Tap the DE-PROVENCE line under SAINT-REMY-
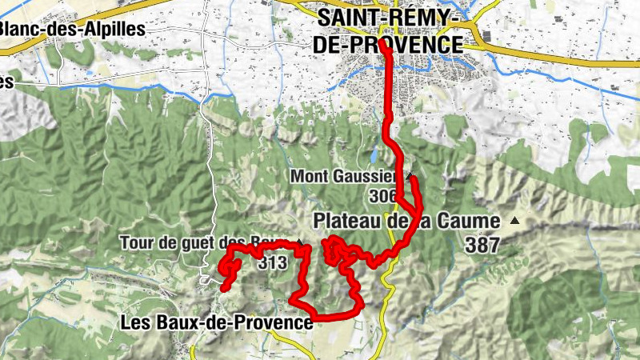point(389,44)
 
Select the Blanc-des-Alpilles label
point(72,29)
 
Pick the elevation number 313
point(273,261)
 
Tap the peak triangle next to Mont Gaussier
point(410,174)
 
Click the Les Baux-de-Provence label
point(215,322)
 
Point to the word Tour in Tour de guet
point(134,242)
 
